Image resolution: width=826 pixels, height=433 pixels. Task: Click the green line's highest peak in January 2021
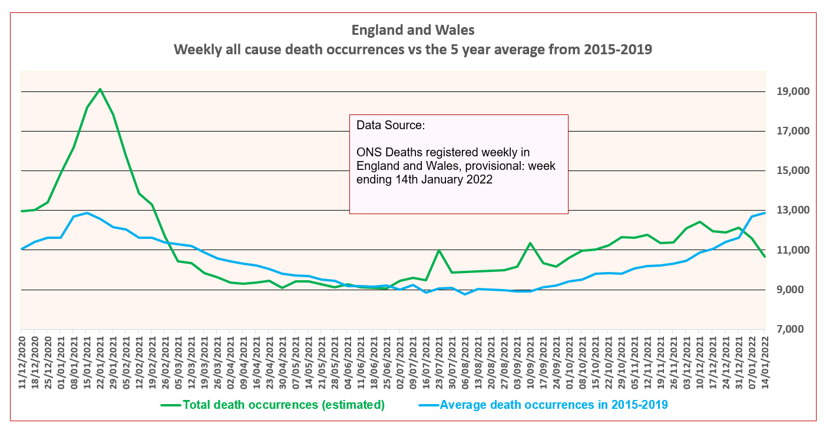[100, 89]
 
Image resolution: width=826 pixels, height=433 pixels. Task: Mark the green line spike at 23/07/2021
[439, 250]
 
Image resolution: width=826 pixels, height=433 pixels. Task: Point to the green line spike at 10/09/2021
[530, 243]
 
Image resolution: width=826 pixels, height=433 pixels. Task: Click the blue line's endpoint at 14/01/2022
[765, 213]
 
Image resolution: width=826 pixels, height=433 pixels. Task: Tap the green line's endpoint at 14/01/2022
[765, 256]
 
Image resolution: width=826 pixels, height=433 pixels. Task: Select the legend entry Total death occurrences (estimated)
[283, 405]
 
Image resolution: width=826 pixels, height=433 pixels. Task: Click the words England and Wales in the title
[412, 29]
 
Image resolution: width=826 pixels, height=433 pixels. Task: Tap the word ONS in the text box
[369, 153]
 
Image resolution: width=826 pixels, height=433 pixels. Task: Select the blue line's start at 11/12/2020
[21, 249]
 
